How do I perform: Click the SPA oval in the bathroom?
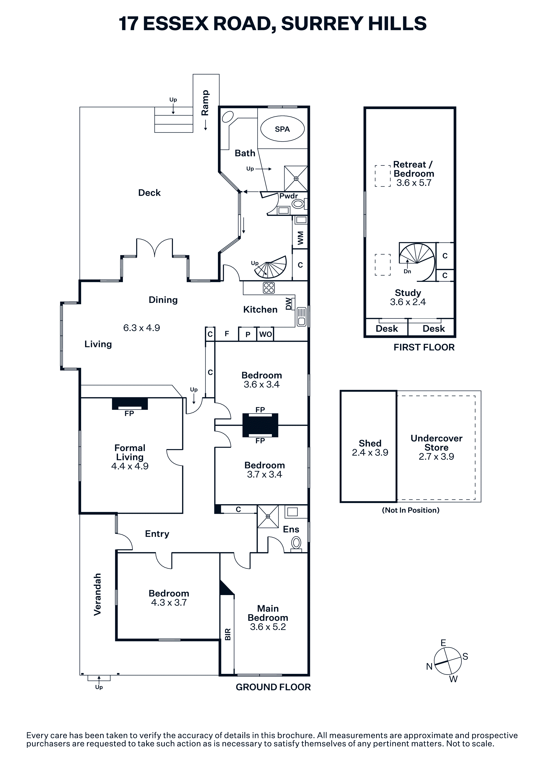click(283, 129)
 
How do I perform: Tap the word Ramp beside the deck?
click(205, 103)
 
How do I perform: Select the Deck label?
click(149, 193)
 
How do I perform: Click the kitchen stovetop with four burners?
click(269, 288)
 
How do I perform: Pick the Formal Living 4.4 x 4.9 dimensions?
click(130, 466)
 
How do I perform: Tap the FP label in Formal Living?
click(129, 414)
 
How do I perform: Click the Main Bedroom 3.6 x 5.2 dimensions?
click(268, 627)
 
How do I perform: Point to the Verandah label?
click(97, 595)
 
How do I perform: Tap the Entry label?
click(157, 534)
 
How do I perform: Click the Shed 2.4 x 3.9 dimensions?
click(370, 452)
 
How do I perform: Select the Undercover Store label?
click(437, 443)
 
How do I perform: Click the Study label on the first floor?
click(408, 293)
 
